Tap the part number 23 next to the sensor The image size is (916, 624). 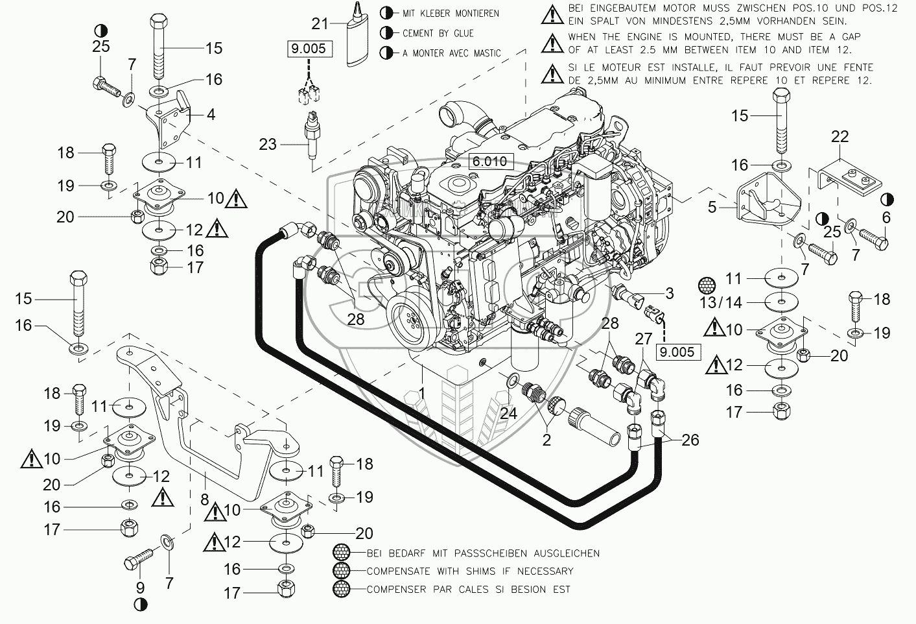pyautogui.click(x=267, y=144)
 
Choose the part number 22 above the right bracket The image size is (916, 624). pyautogui.click(x=840, y=137)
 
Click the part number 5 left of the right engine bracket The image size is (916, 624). pyautogui.click(x=712, y=208)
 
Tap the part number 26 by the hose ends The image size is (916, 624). pyautogui.click(x=690, y=440)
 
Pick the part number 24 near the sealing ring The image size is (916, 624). pyautogui.click(x=508, y=412)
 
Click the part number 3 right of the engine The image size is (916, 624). pyautogui.click(x=669, y=293)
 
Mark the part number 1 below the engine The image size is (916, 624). pyautogui.click(x=422, y=392)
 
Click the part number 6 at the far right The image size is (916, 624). pyautogui.click(x=886, y=218)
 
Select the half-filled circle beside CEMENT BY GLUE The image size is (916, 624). pyautogui.click(x=387, y=33)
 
